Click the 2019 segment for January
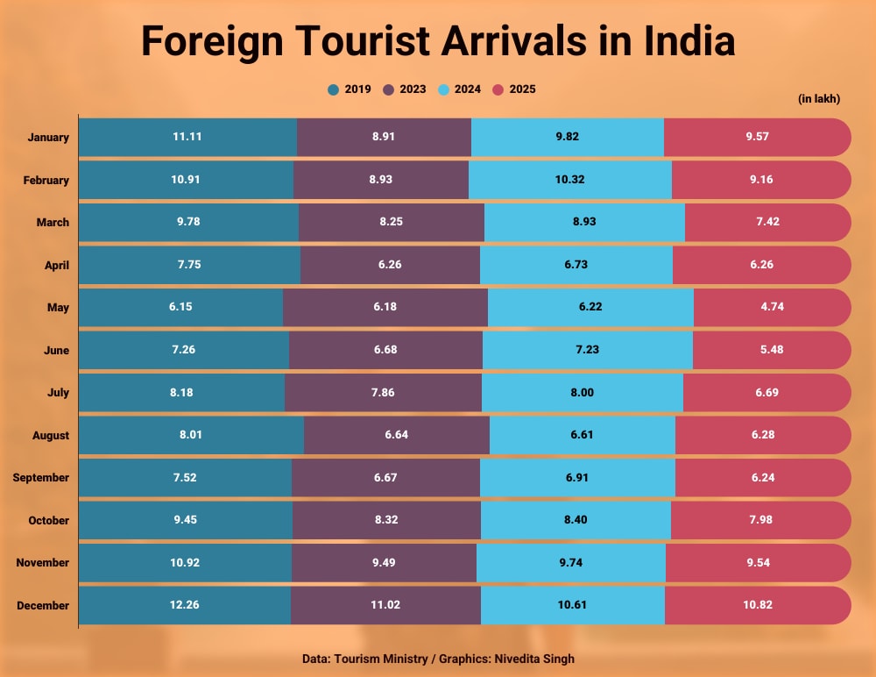pyautogui.click(x=187, y=138)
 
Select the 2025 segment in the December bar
pyautogui.click(x=757, y=605)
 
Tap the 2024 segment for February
pyautogui.click(x=569, y=180)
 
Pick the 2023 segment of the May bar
pyautogui.click(x=385, y=308)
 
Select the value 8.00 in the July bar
pyautogui.click(x=582, y=393)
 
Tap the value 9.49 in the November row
pyautogui.click(x=385, y=563)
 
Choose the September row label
pyautogui.click(x=40, y=478)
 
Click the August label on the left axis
pyautogui.click(x=50, y=436)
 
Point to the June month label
pyautogui.click(x=56, y=351)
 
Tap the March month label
pyautogui.click(x=53, y=223)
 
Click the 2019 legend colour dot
pyautogui.click(x=333, y=89)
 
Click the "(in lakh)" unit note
pyautogui.click(x=819, y=99)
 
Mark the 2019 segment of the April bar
pyautogui.click(x=189, y=265)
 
